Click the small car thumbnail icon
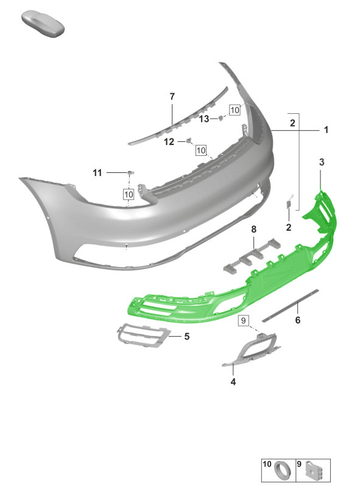point(43,24)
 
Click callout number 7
point(172,97)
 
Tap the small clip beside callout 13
point(221,118)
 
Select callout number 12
point(169,142)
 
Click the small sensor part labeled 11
point(130,172)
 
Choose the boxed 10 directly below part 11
point(129,195)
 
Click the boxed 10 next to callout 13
point(235,110)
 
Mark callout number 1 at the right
point(326,130)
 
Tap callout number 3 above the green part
point(322,162)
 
